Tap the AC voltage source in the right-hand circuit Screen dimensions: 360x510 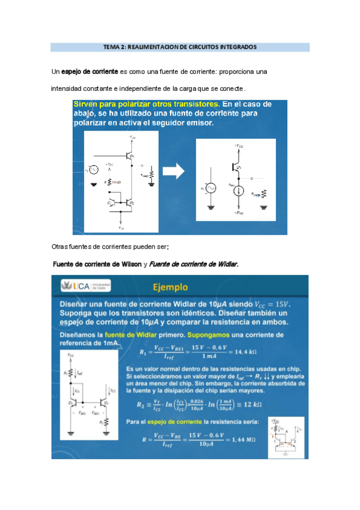click(212, 188)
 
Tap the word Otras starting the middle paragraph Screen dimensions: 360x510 click(61, 247)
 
